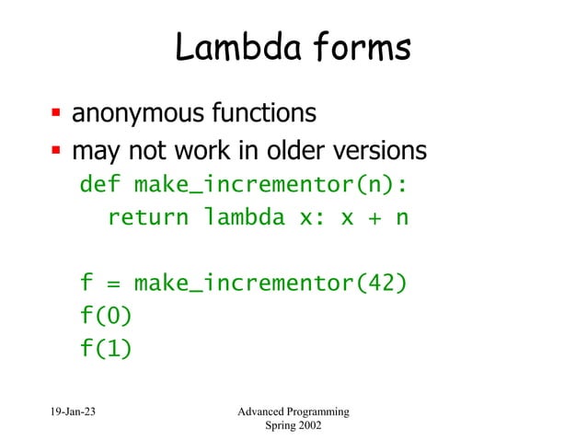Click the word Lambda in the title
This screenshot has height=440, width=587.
click(x=229, y=49)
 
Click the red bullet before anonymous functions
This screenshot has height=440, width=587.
click(x=56, y=115)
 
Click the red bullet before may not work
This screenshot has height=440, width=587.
click(x=56, y=150)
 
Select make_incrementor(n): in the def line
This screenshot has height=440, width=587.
click(x=270, y=185)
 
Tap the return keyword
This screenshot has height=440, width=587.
click(x=148, y=219)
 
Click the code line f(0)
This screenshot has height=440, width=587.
click(x=106, y=316)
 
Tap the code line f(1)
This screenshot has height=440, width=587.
click(x=106, y=349)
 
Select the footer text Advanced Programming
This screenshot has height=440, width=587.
click(x=293, y=411)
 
